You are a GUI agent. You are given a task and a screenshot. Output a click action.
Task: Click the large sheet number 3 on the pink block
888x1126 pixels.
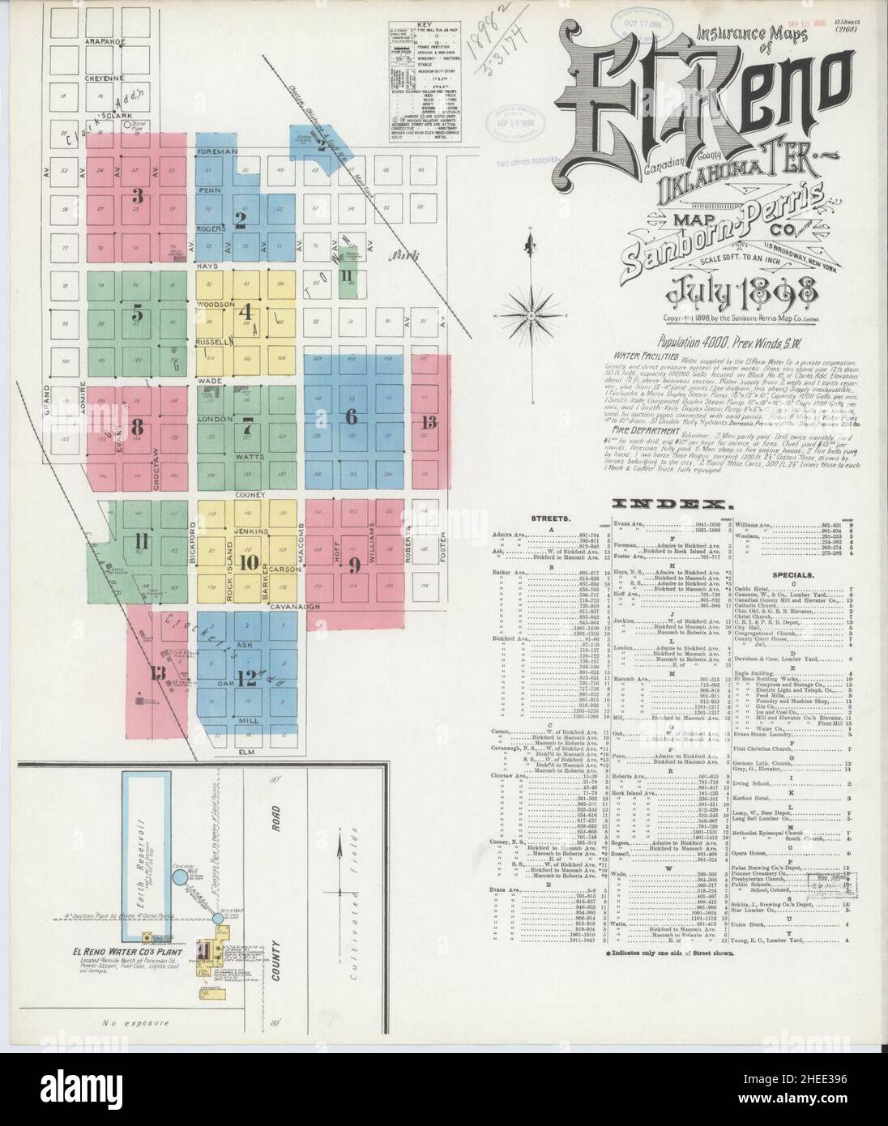point(138,196)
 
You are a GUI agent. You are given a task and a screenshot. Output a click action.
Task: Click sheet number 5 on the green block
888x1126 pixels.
point(138,312)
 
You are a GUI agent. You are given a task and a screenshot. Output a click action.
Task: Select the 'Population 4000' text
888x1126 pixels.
point(694,343)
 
